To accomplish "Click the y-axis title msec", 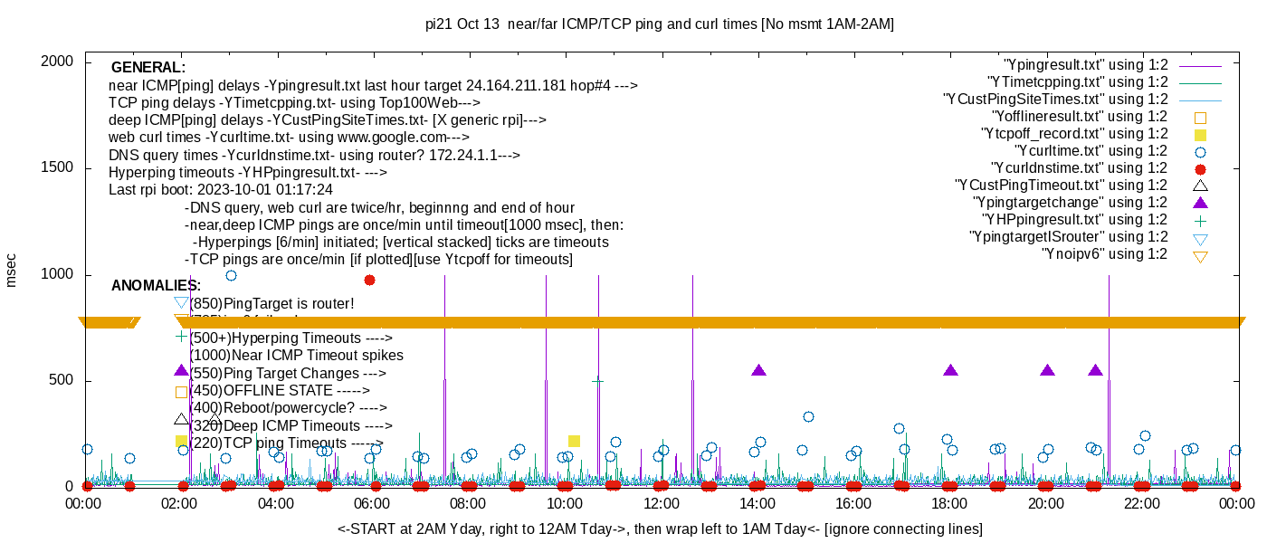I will (12, 271).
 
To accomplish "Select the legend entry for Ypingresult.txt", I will (1085, 65).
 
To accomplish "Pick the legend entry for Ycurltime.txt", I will (1091, 151).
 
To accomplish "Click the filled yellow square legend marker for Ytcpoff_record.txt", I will (1201, 134).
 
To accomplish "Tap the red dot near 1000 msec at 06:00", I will (369, 280).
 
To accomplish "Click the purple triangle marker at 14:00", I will (758, 370).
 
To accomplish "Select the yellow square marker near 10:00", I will (574, 441).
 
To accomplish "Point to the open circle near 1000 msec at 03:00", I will (231, 275).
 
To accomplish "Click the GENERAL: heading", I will (148, 68).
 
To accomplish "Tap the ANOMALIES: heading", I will (156, 286).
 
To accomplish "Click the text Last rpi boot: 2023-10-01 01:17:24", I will (220, 190).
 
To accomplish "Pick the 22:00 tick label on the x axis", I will (1142, 503).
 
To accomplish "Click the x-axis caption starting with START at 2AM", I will (660, 529).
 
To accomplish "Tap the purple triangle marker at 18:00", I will (950, 370).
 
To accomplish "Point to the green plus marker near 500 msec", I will (597, 381).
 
